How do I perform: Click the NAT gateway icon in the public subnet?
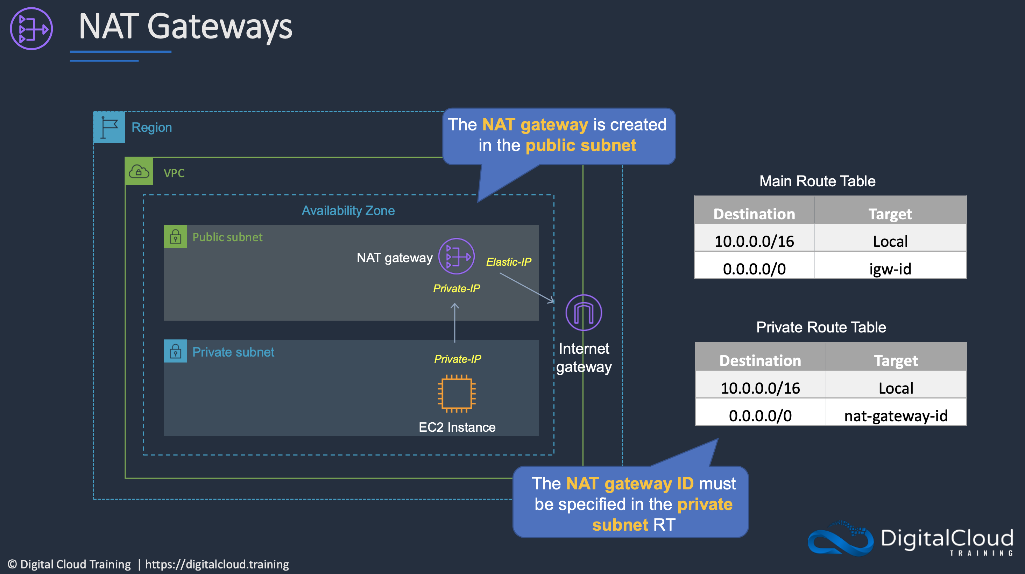pos(457,256)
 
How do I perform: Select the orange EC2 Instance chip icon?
pos(457,394)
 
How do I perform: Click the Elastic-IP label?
pos(509,262)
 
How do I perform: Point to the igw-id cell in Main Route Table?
pos(890,269)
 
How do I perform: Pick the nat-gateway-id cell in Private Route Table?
pos(896,416)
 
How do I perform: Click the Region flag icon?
pos(109,127)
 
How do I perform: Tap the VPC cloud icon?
pos(139,172)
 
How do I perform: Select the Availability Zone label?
pos(348,210)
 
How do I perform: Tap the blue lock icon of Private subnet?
pos(176,351)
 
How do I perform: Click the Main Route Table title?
pos(817,181)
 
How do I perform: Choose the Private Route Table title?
pos(821,327)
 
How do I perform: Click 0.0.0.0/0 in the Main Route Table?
pos(754,269)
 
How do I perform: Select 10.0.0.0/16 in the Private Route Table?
pos(760,388)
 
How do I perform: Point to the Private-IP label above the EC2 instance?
pos(458,359)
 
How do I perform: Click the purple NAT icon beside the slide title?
pos(31,29)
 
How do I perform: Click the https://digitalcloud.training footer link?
pos(217,564)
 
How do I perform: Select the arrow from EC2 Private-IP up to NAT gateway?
pos(455,323)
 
